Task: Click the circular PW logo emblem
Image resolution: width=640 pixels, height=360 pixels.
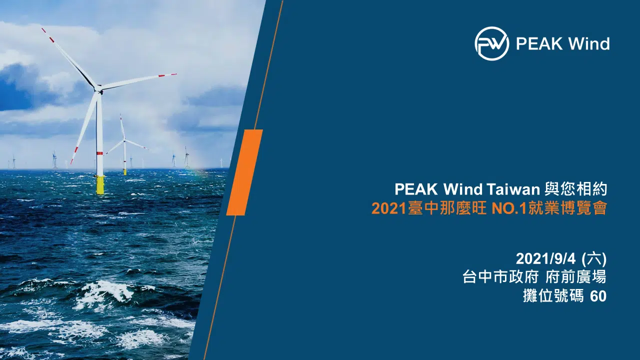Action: pyautogui.click(x=491, y=43)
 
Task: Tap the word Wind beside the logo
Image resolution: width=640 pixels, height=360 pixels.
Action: pyautogui.click(x=588, y=43)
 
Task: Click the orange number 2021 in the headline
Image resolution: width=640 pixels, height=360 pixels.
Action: pyautogui.click(x=389, y=208)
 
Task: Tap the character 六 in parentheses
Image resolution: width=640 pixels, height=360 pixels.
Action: pyautogui.click(x=593, y=259)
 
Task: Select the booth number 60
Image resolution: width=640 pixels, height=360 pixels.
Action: pyautogui.click(x=598, y=296)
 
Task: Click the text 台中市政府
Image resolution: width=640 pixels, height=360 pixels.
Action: pyautogui.click(x=500, y=277)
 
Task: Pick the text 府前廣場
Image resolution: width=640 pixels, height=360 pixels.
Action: pyautogui.click(x=575, y=277)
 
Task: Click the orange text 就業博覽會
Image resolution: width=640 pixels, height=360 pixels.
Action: pyautogui.click(x=567, y=208)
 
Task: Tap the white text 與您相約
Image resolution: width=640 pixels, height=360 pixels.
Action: pyautogui.click(x=575, y=189)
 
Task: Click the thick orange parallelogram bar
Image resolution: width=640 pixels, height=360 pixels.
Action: pyautogui.click(x=244, y=172)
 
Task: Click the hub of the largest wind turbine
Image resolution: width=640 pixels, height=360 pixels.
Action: pyautogui.click(x=98, y=88)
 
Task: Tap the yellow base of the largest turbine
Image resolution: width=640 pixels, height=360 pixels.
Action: pyautogui.click(x=100, y=185)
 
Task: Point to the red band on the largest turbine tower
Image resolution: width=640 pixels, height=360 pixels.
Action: pyautogui.click(x=99, y=153)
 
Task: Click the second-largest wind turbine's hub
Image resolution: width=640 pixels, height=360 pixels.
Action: pyautogui.click(x=124, y=140)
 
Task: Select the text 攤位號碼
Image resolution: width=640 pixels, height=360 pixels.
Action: pyautogui.click(x=553, y=296)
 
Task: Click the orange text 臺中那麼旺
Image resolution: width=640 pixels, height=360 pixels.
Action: pyautogui.click(x=447, y=208)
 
